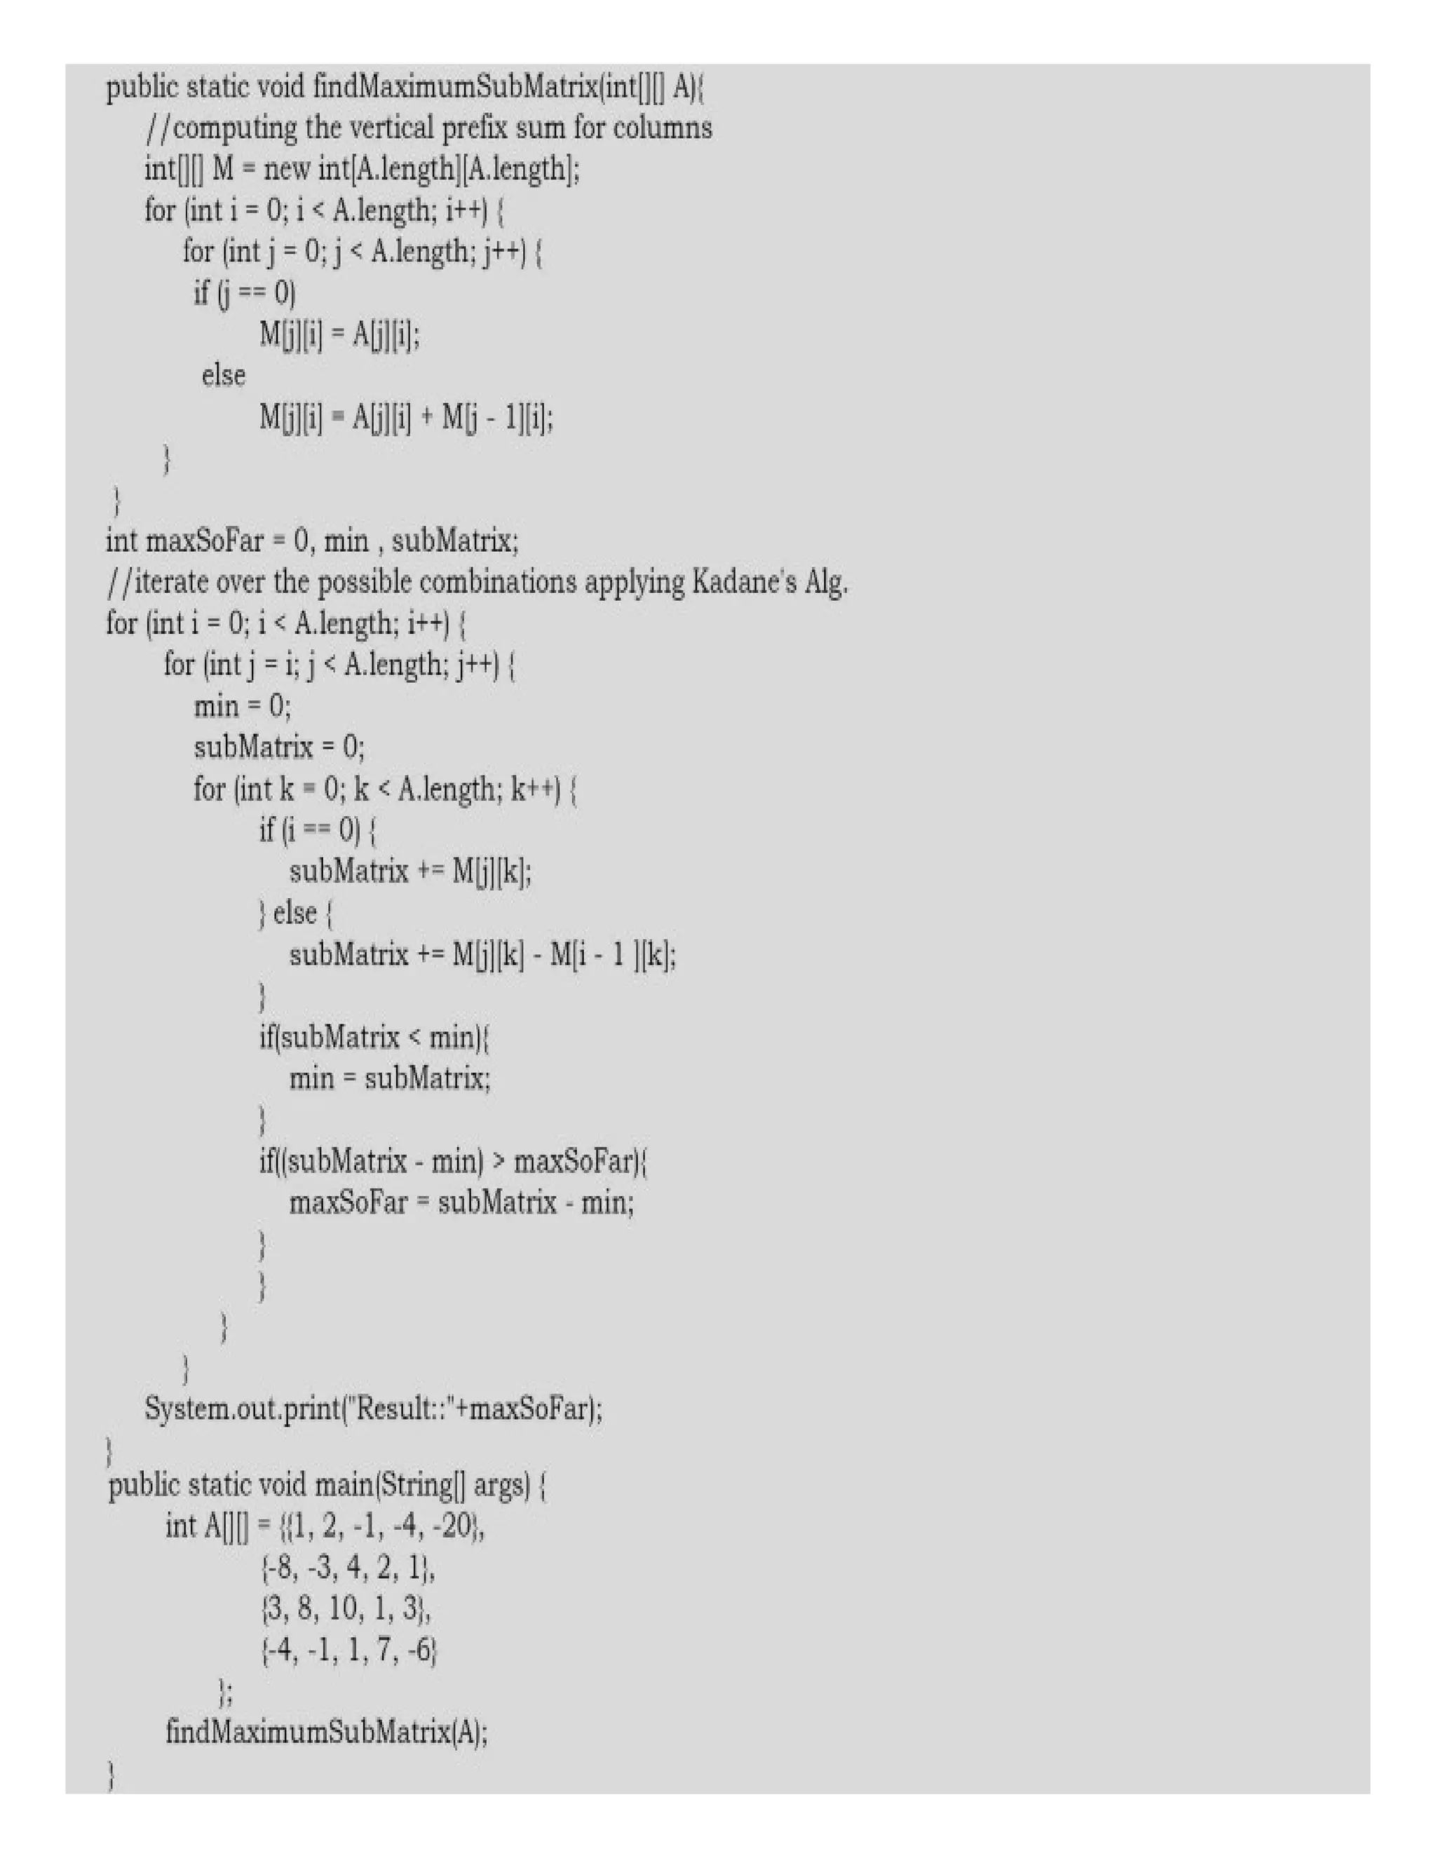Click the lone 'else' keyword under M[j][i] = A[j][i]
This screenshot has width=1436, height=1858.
click(x=224, y=375)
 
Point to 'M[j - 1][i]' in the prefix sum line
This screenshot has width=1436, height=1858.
click(x=497, y=418)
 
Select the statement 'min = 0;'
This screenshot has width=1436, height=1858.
click(x=243, y=706)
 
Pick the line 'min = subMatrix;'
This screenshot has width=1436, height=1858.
click(x=390, y=1079)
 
